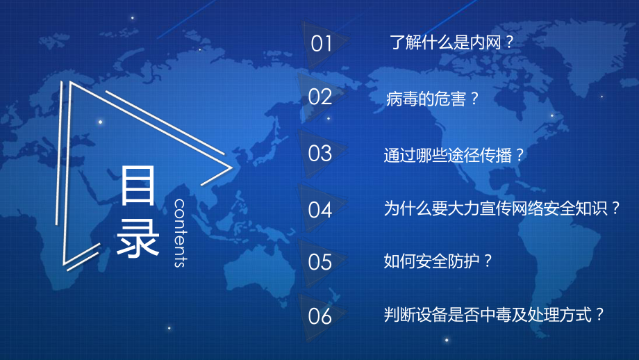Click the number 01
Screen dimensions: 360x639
click(x=322, y=44)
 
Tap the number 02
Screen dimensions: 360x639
click(x=321, y=97)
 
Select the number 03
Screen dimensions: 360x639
click(x=321, y=153)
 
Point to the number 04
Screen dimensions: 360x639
click(x=321, y=209)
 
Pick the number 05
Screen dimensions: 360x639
click(x=321, y=262)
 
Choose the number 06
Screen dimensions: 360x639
click(x=321, y=317)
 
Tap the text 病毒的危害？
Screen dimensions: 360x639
click(x=433, y=99)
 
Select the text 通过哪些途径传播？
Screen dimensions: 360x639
click(x=453, y=154)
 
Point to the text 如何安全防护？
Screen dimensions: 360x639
click(x=438, y=261)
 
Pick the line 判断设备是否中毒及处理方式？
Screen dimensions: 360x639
click(x=496, y=315)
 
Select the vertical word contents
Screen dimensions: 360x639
click(x=180, y=233)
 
